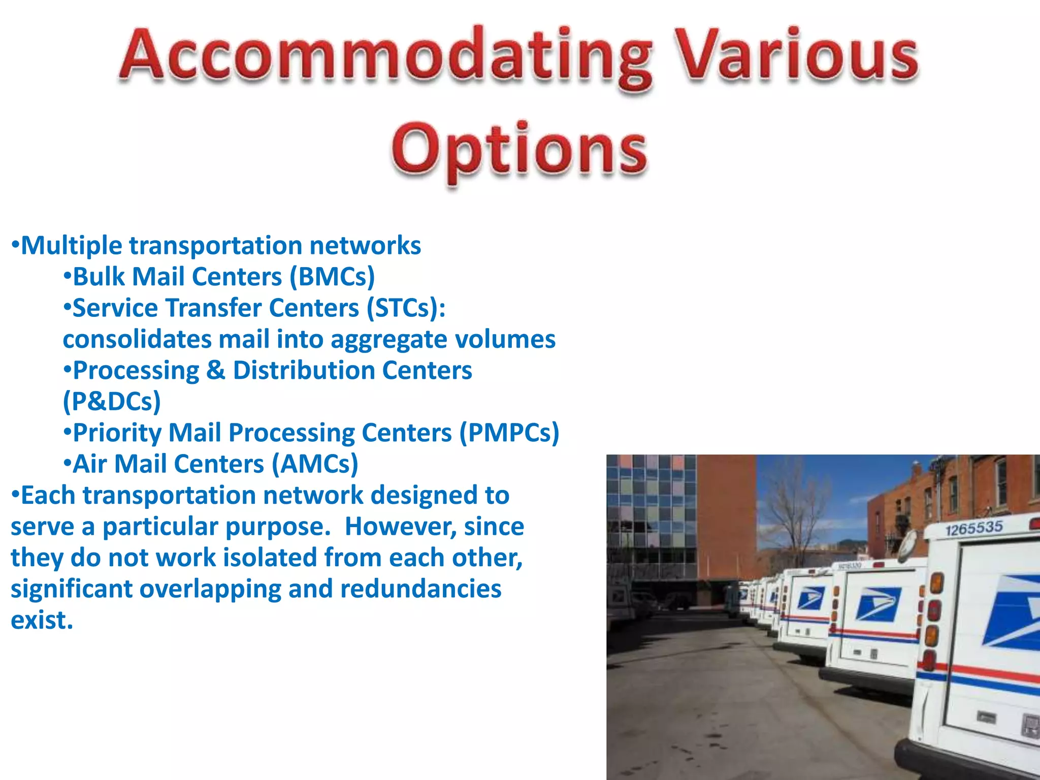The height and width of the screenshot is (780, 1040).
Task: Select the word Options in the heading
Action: point(519,150)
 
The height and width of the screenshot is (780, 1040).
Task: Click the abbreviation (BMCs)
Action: point(332,277)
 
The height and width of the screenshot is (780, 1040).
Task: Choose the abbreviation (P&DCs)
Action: point(112,402)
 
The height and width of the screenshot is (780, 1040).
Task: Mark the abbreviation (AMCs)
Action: point(315,464)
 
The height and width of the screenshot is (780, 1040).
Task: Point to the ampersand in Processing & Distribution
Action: point(215,371)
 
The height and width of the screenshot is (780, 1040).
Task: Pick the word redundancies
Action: point(420,589)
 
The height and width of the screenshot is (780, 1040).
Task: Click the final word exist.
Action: point(42,621)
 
